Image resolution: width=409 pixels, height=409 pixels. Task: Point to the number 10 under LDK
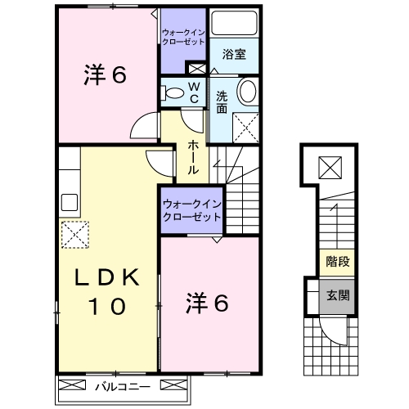tap(107, 307)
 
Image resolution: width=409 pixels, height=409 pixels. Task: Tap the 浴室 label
tap(234, 55)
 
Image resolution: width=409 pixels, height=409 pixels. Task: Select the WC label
tap(196, 91)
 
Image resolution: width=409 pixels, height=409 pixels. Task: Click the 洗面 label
tap(221, 101)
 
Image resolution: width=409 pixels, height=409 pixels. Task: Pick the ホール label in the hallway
tap(192, 158)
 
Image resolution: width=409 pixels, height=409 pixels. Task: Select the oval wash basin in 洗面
tap(248, 91)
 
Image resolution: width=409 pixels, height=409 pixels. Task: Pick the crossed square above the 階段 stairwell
tap(330, 169)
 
